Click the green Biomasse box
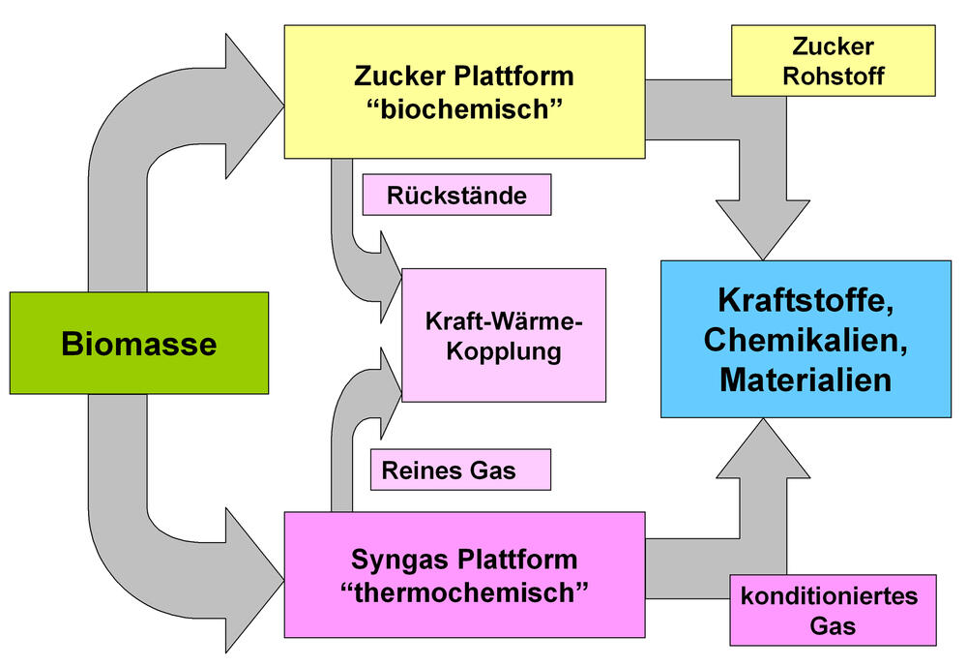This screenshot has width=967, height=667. pos(138,343)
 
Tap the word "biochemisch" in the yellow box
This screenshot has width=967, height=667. pos(464,108)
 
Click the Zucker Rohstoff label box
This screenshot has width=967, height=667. pos(834,61)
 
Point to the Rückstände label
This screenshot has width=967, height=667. pos(456,196)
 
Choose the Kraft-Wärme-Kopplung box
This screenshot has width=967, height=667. pos(504,335)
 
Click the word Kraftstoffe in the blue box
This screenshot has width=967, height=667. pos(806,300)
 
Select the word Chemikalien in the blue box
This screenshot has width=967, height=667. pos(806,340)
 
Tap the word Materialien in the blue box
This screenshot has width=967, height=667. pos(806,379)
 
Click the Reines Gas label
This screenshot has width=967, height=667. pos(459,471)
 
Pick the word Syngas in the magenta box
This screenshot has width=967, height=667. pos(394,559)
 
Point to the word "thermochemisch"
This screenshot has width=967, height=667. pos(464,591)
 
